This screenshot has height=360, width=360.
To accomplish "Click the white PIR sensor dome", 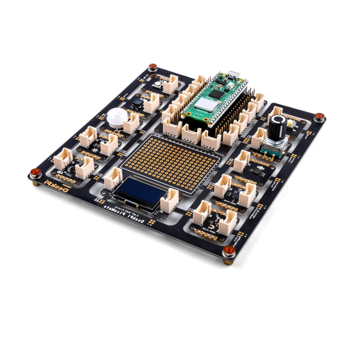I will coord(117,117).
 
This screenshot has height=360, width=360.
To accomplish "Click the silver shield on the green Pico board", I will coord(205,104).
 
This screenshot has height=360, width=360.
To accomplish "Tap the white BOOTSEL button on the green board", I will coord(230,85).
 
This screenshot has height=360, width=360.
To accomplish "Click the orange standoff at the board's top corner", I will coord(153,66).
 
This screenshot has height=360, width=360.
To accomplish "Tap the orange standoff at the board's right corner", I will coord(319,116).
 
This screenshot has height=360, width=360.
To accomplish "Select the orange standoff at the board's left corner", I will coord(36,172).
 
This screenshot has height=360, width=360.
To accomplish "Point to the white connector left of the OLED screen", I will coord(113,178).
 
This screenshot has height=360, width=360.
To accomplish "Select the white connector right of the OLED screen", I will coord(169,200).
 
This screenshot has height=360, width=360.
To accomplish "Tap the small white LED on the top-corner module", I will coord(158,84).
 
